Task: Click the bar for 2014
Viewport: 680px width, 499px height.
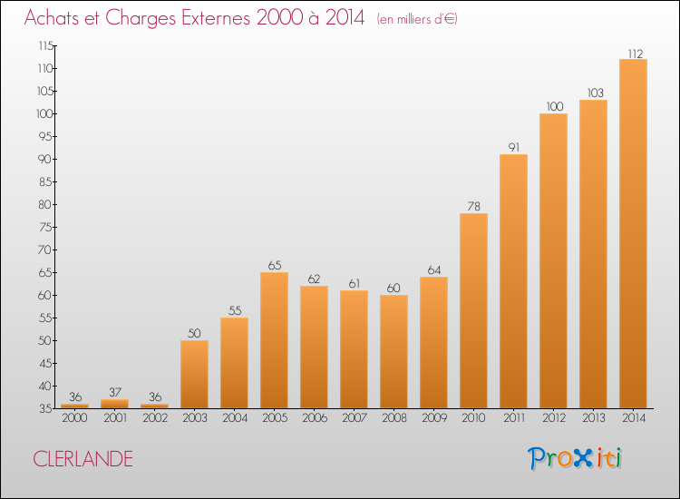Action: click(x=633, y=233)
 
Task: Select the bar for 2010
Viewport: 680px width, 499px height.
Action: click(x=473, y=310)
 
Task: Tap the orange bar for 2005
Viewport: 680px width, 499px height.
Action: click(x=274, y=340)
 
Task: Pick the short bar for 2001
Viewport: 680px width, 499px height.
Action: click(x=114, y=404)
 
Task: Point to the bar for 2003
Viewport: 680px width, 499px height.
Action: click(x=194, y=374)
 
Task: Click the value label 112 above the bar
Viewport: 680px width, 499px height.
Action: click(x=636, y=54)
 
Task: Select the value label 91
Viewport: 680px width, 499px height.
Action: click(x=514, y=148)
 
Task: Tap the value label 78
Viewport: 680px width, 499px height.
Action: click(x=474, y=206)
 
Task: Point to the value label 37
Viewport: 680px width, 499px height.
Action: click(x=115, y=392)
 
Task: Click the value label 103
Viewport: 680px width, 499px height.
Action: click(x=596, y=93)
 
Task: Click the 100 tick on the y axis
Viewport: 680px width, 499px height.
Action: click(x=45, y=113)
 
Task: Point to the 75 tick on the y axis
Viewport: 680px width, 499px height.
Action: click(x=45, y=227)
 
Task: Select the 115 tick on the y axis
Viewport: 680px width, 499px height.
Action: click(x=45, y=45)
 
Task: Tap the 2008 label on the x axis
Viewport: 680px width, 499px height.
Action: click(x=394, y=418)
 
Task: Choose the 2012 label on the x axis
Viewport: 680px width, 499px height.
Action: click(x=554, y=418)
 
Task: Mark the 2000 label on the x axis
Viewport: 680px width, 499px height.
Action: click(x=74, y=418)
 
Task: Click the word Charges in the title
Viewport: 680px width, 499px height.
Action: click(x=141, y=18)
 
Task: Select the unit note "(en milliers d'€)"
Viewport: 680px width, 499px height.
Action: click(x=417, y=19)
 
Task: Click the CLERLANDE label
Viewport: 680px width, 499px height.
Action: click(x=83, y=459)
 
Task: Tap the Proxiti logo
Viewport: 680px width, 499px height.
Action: click(x=575, y=458)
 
